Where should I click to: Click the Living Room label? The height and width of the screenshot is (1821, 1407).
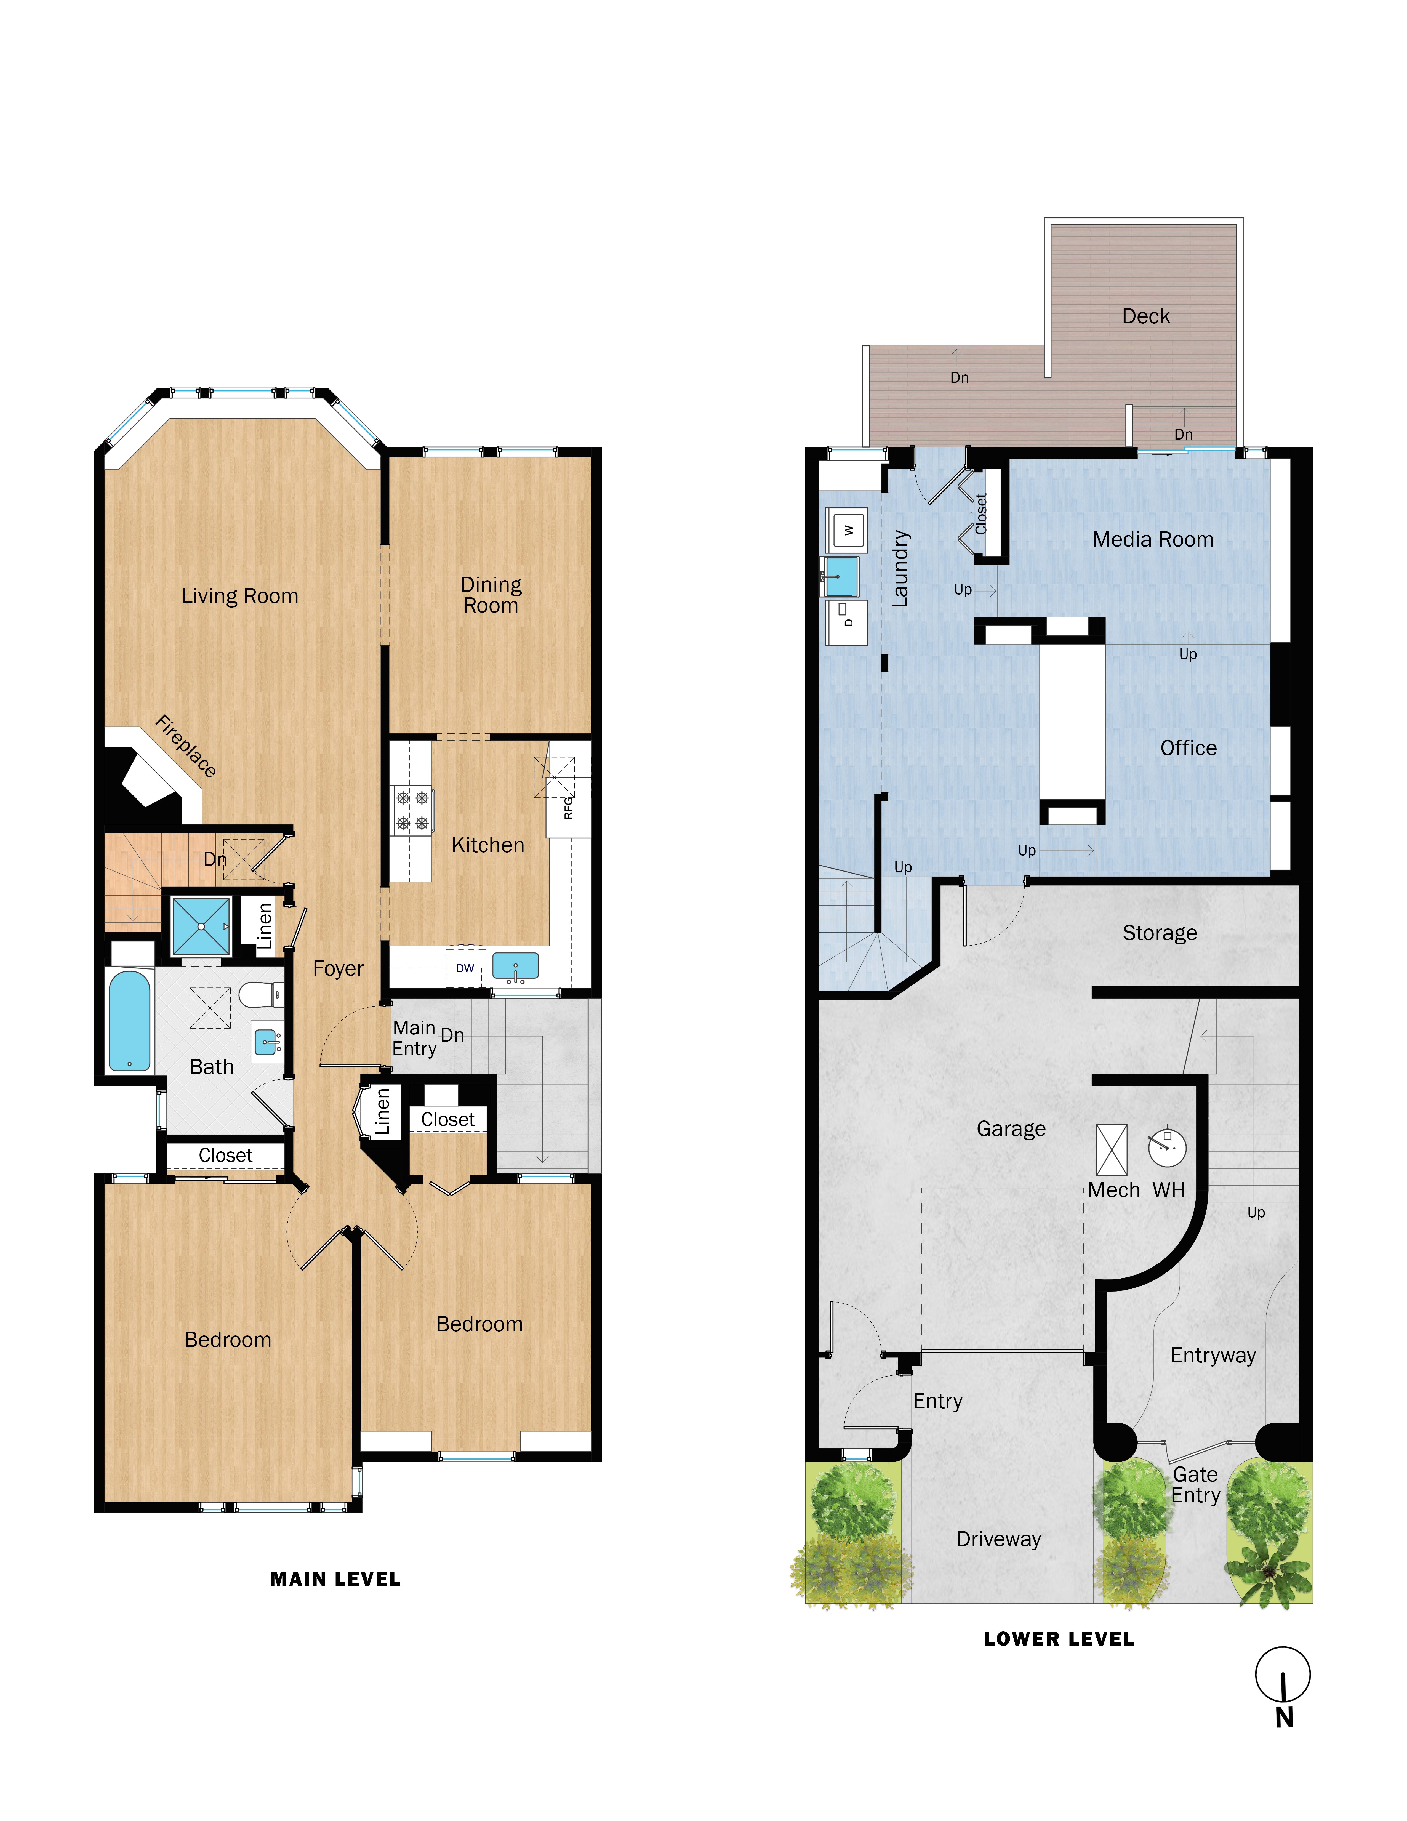click(240, 596)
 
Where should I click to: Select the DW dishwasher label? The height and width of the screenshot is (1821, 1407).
click(465, 968)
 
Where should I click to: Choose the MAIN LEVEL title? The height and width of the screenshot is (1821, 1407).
click(335, 1579)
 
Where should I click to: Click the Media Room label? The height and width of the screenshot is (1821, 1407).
click(1153, 539)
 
